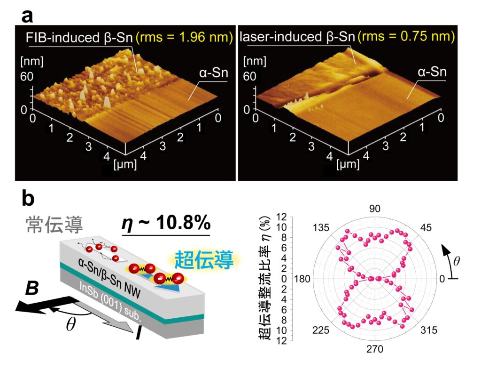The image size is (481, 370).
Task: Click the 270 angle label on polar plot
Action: point(375,349)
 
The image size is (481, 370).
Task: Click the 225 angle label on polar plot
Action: point(321,330)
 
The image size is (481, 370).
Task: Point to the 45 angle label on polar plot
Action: point(427,228)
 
